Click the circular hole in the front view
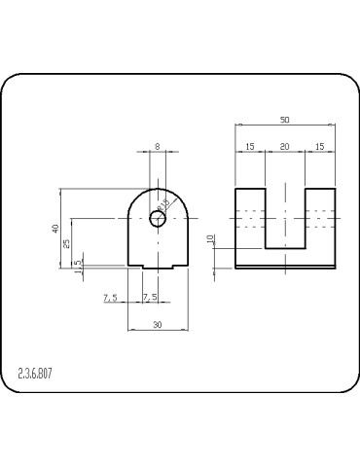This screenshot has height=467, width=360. coord(157,219)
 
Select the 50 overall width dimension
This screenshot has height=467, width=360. coord(285,120)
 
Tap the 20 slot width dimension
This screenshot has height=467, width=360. coord(285,146)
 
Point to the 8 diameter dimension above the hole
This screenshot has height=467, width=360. coord(157,146)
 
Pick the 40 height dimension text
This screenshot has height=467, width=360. coord(56,228)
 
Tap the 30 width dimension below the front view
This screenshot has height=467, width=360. coord(157,325)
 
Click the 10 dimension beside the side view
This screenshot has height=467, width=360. coord(210,239)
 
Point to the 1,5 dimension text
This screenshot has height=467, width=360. coord(78,265)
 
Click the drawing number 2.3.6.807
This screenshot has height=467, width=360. coord(35,373)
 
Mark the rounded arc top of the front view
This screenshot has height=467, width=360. coord(157,189)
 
